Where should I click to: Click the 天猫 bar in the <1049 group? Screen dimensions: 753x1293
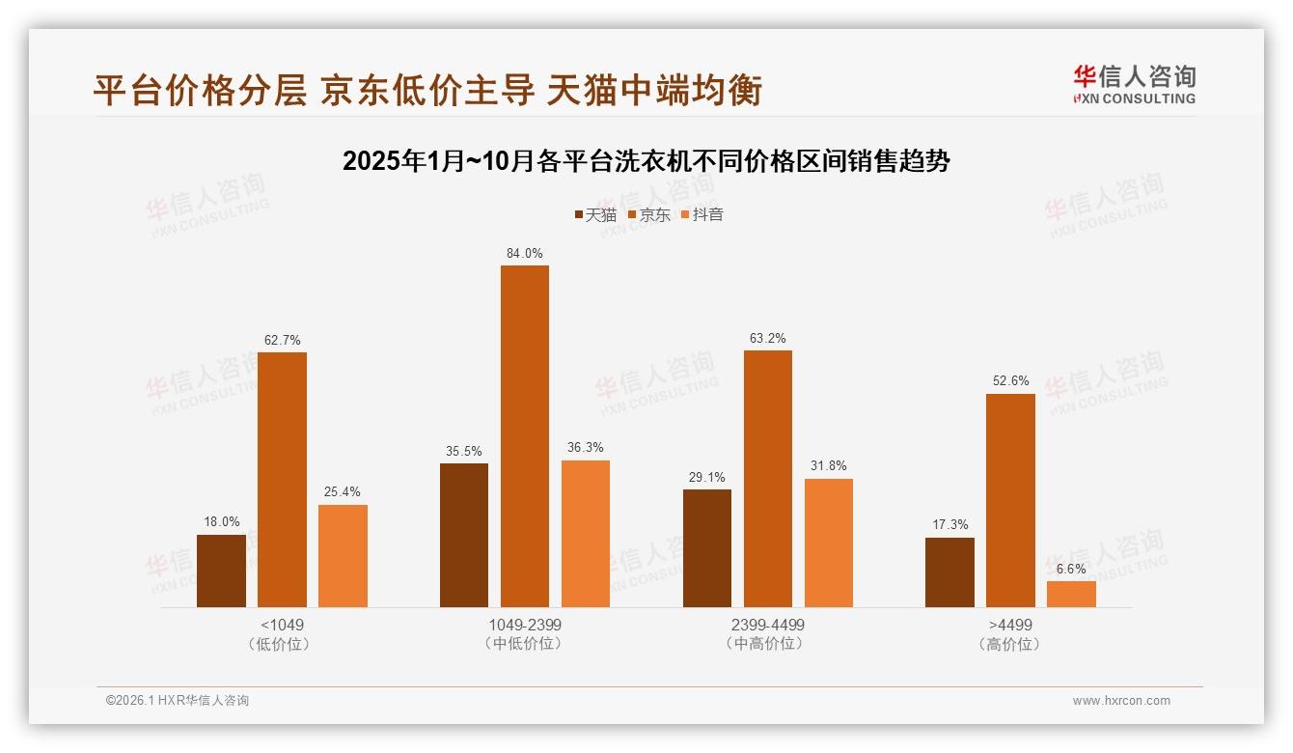[x=221, y=571]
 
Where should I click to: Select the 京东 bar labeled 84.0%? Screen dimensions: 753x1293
[x=525, y=436]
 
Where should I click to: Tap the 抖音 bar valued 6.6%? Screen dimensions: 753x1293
[x=1071, y=594]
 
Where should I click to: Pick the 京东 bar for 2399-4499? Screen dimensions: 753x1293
[x=768, y=479]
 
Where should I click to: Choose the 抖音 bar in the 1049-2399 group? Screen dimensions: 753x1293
[x=586, y=534]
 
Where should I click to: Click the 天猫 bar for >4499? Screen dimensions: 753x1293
[x=949, y=572]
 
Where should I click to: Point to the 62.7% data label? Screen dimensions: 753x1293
[x=282, y=340]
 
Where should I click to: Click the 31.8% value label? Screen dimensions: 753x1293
[x=829, y=465]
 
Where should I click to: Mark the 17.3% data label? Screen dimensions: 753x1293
[x=949, y=524]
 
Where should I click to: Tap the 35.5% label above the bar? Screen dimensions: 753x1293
[x=464, y=451]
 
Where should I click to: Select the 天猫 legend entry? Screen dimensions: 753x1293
[x=595, y=214]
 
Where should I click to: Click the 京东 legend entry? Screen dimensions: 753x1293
[x=649, y=214]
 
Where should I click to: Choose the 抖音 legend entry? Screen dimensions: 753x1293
[x=702, y=214]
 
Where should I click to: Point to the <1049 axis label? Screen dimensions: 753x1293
[x=282, y=625]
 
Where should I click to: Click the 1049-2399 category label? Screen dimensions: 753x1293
[x=525, y=625]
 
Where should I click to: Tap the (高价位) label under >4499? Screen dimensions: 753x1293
[x=1010, y=644]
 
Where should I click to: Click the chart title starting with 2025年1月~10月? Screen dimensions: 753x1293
[x=646, y=161]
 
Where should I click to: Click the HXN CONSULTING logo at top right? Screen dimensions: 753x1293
[x=1134, y=85]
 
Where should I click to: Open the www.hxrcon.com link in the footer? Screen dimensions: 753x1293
[x=1121, y=701]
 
